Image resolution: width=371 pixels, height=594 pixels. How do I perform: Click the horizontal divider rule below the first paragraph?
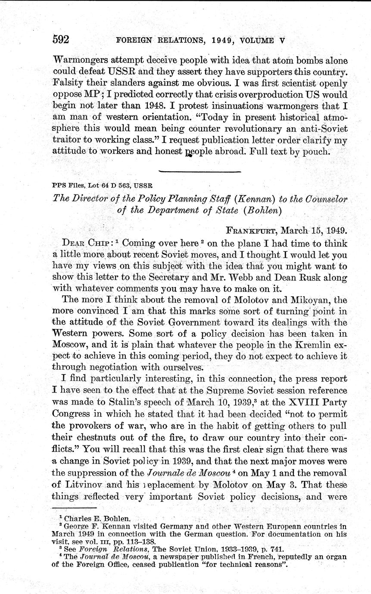(x=199, y=171)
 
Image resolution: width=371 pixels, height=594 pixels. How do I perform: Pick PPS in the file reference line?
(x=57, y=186)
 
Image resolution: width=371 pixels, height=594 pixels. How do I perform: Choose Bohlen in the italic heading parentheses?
(x=262, y=211)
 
